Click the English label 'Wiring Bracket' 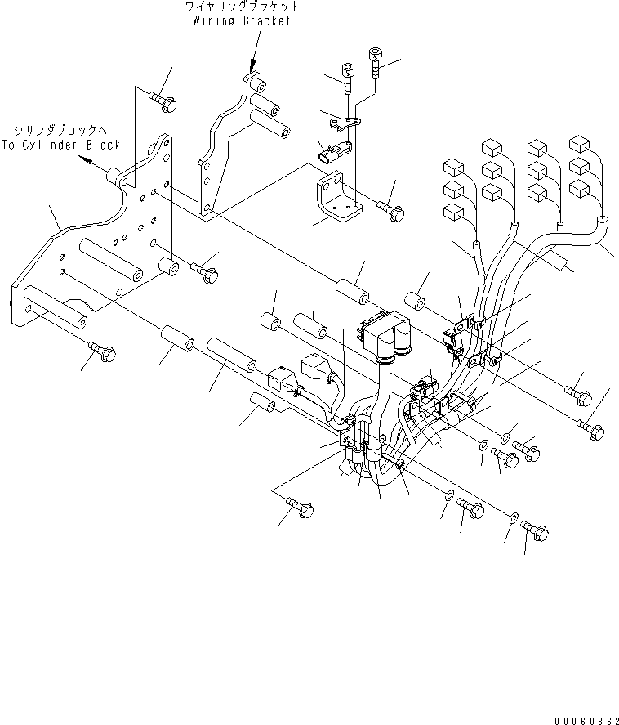click(x=241, y=20)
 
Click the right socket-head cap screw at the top click(x=376, y=60)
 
